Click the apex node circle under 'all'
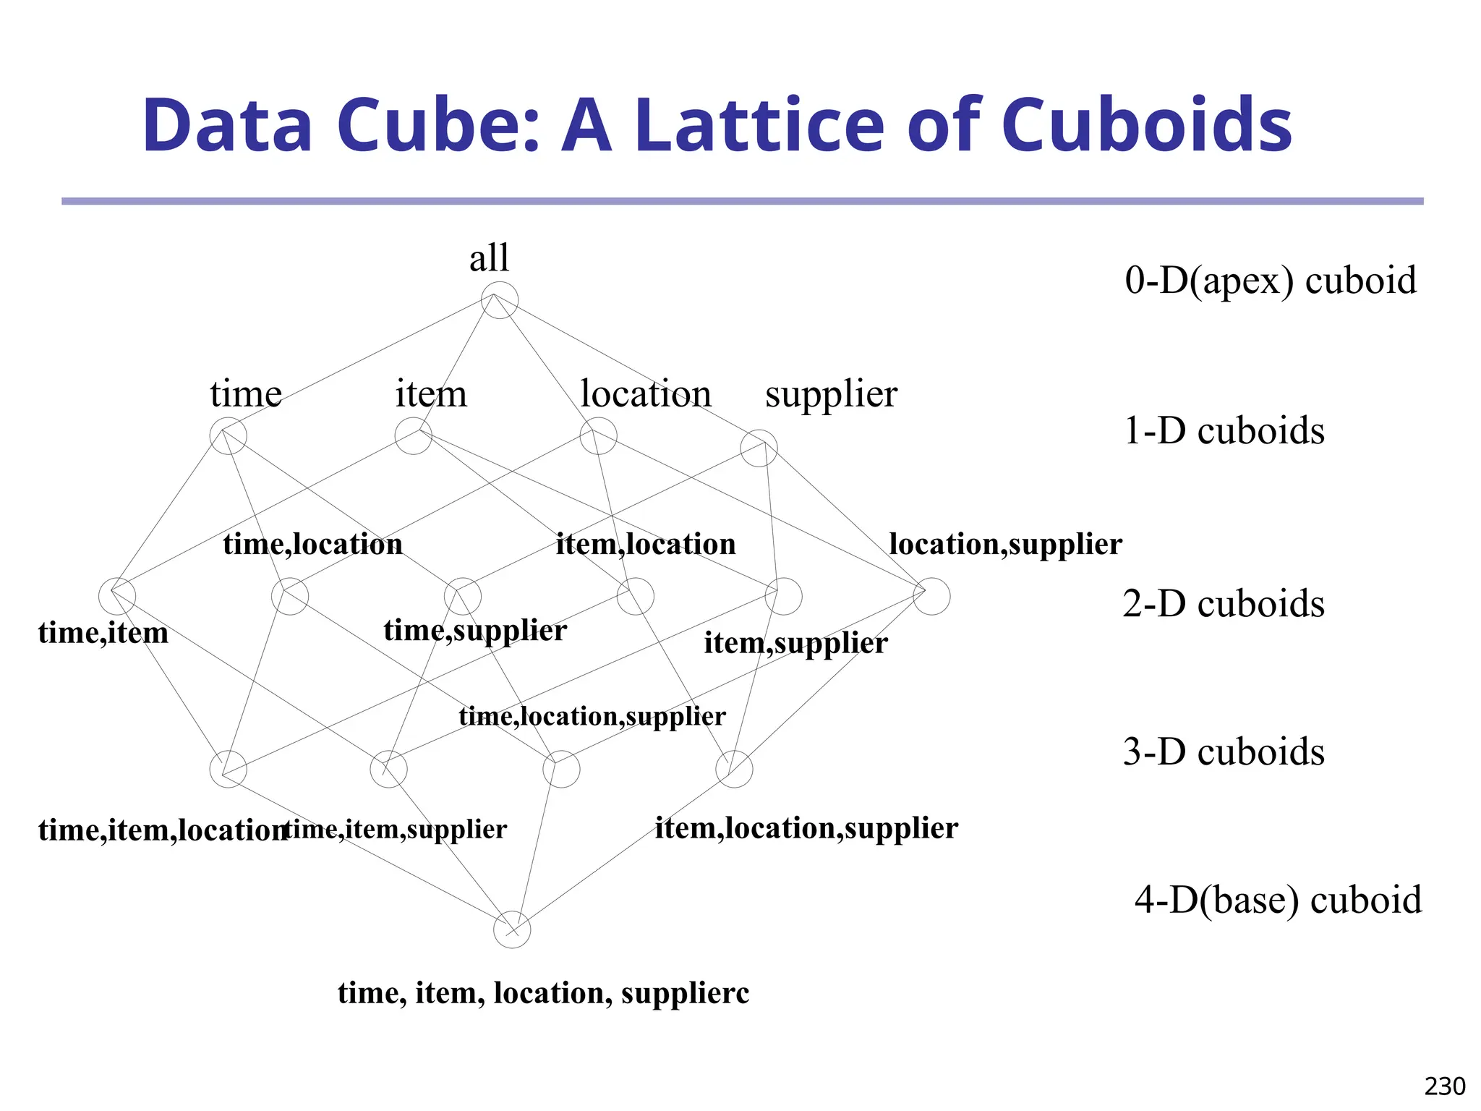500,300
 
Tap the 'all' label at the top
489,258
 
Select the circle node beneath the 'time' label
228,436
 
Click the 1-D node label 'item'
431,394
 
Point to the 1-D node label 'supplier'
831,396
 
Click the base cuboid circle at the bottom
512,929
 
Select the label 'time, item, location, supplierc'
543,993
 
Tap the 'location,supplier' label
1005,545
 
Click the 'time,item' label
103,633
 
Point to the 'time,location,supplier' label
592,716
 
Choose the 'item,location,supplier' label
806,828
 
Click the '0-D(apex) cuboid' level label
1270,280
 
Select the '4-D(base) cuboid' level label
1278,900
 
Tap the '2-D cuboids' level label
1224,603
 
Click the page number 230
1445,1086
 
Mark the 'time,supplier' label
475,631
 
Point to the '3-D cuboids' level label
1224,752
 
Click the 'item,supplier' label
795,643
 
